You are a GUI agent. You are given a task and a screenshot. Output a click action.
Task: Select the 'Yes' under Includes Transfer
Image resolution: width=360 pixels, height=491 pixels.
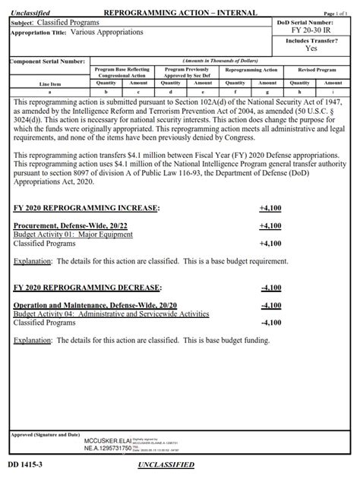tap(311, 48)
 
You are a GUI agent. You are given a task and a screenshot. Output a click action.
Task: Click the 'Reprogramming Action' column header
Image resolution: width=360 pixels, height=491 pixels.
tap(251, 70)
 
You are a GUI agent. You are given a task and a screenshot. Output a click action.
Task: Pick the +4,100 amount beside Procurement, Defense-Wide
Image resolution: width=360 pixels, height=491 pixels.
tap(270, 225)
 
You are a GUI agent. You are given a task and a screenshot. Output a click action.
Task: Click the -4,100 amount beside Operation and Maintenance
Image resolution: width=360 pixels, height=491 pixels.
tap(270, 305)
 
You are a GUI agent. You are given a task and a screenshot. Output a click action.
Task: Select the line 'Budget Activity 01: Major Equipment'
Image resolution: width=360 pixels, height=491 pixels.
tap(73, 234)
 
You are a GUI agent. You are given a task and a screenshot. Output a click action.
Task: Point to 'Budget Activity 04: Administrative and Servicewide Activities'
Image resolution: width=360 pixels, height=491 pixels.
tap(112, 314)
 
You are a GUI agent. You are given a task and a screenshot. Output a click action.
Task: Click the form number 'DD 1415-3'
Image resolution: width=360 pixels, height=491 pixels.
tap(24, 463)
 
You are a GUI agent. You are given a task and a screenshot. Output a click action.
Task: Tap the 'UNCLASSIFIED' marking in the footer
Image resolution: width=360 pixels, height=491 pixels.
tap(166, 464)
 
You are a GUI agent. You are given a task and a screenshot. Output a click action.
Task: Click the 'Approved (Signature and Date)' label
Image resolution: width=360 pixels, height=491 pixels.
tap(46, 434)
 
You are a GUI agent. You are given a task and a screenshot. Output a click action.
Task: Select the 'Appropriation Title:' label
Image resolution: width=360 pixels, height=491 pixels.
tap(39, 33)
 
